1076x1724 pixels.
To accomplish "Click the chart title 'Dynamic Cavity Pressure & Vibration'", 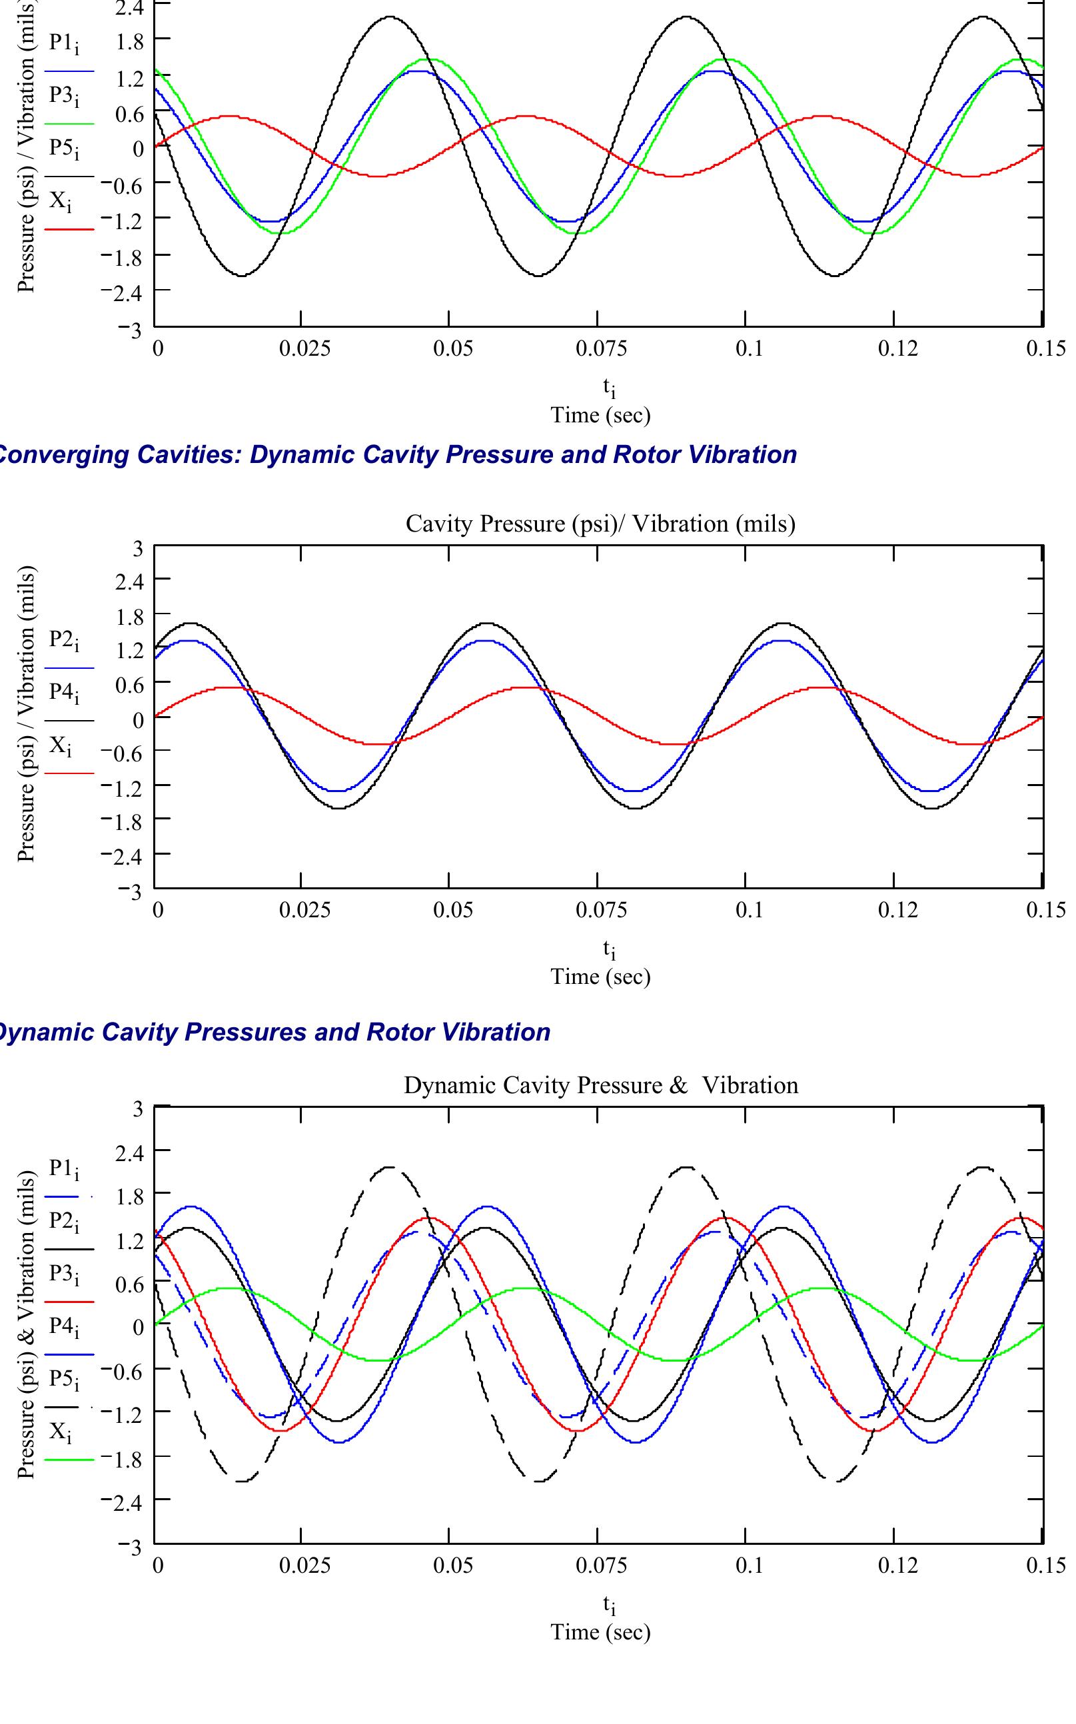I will [x=600, y=1085].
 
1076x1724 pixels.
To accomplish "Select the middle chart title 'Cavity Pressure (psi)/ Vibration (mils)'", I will [x=600, y=524].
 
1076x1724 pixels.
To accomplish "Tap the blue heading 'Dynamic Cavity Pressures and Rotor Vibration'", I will [x=274, y=1032].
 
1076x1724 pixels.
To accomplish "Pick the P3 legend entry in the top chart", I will [x=64, y=96].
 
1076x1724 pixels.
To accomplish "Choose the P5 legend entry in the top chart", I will [x=64, y=149].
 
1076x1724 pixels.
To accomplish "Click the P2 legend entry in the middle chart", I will [x=64, y=640].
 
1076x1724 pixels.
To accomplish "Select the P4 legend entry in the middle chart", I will [x=64, y=692].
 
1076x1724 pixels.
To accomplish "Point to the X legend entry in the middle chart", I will [x=61, y=745].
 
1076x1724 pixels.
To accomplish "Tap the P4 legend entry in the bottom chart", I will [x=64, y=1326].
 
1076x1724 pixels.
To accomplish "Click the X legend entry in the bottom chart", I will [x=61, y=1431].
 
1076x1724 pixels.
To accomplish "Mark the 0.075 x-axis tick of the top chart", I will [x=602, y=348].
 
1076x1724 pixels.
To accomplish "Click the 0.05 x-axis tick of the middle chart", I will [x=453, y=910].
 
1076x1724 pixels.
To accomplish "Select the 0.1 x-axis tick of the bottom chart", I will [x=749, y=1565].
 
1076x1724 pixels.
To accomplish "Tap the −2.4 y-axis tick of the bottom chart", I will [x=122, y=1502].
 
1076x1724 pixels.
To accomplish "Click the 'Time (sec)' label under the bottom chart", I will [x=600, y=1631].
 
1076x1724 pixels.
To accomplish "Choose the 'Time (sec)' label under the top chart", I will [x=600, y=415].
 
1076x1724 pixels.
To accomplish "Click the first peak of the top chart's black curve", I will [x=390, y=17].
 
